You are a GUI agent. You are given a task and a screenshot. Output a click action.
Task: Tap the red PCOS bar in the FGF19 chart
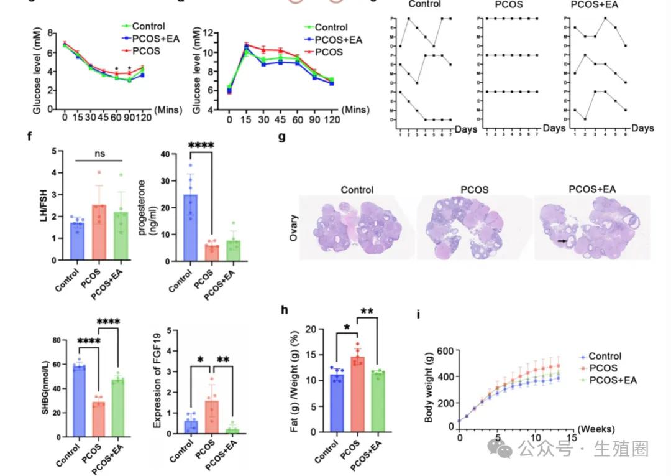[x=211, y=419]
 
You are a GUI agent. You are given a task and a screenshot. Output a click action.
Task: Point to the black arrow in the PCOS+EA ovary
[x=562, y=240]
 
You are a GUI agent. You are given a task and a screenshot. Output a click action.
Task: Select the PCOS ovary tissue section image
[x=470, y=225]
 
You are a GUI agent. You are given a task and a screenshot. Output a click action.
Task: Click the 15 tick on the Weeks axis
[x=570, y=438]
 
